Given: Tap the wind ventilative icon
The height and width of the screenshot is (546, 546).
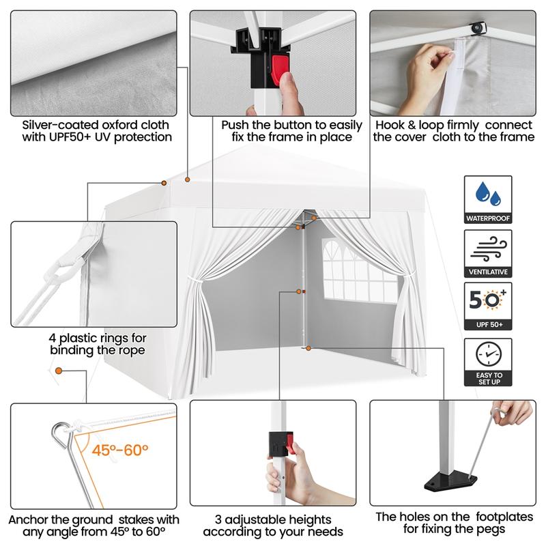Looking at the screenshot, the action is coord(488,249).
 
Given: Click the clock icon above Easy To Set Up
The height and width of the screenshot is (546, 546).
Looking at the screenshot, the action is coord(489,354).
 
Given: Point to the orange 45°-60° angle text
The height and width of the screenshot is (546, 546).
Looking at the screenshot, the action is coord(120,450).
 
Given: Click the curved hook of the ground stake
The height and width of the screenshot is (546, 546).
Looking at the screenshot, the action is coord(61,433).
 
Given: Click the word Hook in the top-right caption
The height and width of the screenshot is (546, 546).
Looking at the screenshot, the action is coord(388,125).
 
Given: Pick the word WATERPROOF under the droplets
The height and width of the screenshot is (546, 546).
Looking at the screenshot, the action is coord(488,218).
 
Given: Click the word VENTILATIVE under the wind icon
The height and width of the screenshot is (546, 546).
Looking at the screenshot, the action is coord(488,272).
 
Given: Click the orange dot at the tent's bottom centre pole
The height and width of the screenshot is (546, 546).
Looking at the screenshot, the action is coord(308,348).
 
